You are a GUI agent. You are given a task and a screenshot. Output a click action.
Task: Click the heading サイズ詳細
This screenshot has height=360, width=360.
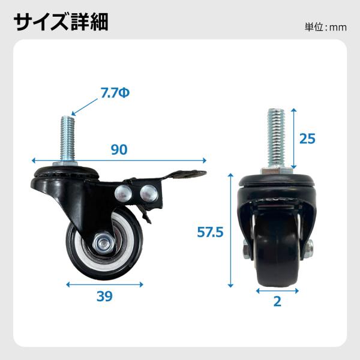click(61, 22)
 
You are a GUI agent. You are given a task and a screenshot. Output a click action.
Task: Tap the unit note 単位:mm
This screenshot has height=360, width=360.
click(326, 28)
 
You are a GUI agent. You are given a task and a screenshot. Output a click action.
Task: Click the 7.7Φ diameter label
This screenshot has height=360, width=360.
click(115, 93)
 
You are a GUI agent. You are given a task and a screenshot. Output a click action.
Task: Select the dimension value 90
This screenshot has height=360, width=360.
click(119, 149)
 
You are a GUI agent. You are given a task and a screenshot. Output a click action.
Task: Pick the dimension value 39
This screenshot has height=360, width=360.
click(104, 296)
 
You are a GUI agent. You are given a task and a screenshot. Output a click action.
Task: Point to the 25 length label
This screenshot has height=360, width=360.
click(307, 139)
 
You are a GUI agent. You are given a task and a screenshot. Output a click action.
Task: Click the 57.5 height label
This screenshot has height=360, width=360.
click(210, 232)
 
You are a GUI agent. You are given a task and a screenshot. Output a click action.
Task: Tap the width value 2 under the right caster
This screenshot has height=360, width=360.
click(277, 301)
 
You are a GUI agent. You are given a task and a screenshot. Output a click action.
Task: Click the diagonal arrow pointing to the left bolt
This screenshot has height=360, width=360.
click(84, 107)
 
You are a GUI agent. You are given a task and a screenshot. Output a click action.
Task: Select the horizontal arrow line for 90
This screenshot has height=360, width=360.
click(119, 160)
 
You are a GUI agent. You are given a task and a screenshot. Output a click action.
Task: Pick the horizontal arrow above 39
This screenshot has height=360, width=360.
click(104, 284)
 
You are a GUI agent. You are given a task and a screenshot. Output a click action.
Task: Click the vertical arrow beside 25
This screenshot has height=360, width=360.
click(294, 139)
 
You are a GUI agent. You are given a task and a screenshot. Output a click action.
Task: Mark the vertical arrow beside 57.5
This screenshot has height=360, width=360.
click(230, 230)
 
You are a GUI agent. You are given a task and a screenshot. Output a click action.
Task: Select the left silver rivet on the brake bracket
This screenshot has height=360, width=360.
click(123, 193)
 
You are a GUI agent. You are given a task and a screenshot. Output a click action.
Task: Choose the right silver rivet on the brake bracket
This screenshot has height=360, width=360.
click(149, 193)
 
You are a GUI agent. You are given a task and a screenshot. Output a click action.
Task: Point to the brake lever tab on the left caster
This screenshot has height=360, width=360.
click(184, 175)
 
